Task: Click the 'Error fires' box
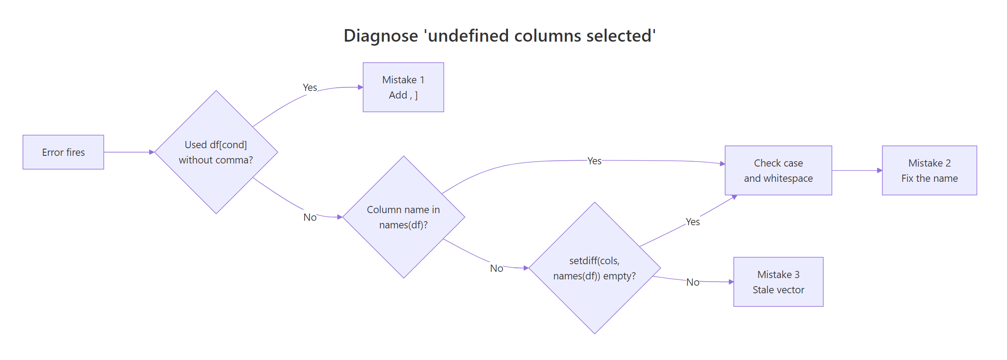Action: [63, 152]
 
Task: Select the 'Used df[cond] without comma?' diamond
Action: [216, 152]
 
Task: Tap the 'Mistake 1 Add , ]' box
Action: [403, 87]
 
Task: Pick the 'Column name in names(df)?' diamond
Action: [403, 217]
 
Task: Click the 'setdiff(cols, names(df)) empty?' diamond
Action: [594, 268]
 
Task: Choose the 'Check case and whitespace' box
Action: [778, 171]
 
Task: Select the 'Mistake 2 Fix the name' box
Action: [929, 171]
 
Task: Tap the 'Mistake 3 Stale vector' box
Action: [778, 282]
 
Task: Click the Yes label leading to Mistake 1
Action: [310, 87]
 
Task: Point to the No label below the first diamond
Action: [310, 217]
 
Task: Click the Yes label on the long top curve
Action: [594, 161]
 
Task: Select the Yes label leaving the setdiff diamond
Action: [693, 222]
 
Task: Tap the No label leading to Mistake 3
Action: [693, 282]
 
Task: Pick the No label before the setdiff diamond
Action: [496, 268]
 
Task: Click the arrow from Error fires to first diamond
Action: [129, 152]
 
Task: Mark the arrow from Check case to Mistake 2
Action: [856, 171]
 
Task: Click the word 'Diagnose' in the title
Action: [381, 36]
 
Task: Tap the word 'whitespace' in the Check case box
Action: [788, 178]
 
